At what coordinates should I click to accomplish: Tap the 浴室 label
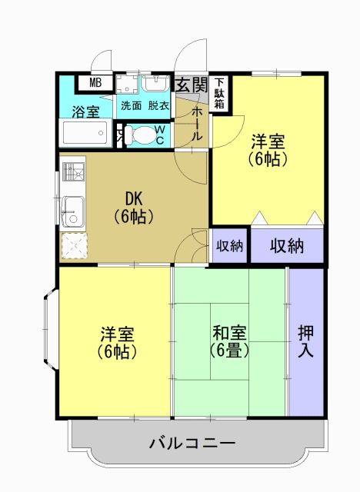tap(85, 111)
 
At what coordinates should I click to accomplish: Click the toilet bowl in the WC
tap(141, 135)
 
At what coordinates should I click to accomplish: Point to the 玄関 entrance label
tap(192, 84)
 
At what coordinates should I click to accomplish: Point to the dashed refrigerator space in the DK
tap(74, 245)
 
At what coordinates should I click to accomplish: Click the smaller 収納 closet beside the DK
tap(229, 246)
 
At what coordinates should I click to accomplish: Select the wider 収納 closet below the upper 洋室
tap(286, 246)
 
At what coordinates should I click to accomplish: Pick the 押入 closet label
tap(306, 342)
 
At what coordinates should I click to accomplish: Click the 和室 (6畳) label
tap(229, 341)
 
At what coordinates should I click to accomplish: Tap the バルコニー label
tap(192, 443)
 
